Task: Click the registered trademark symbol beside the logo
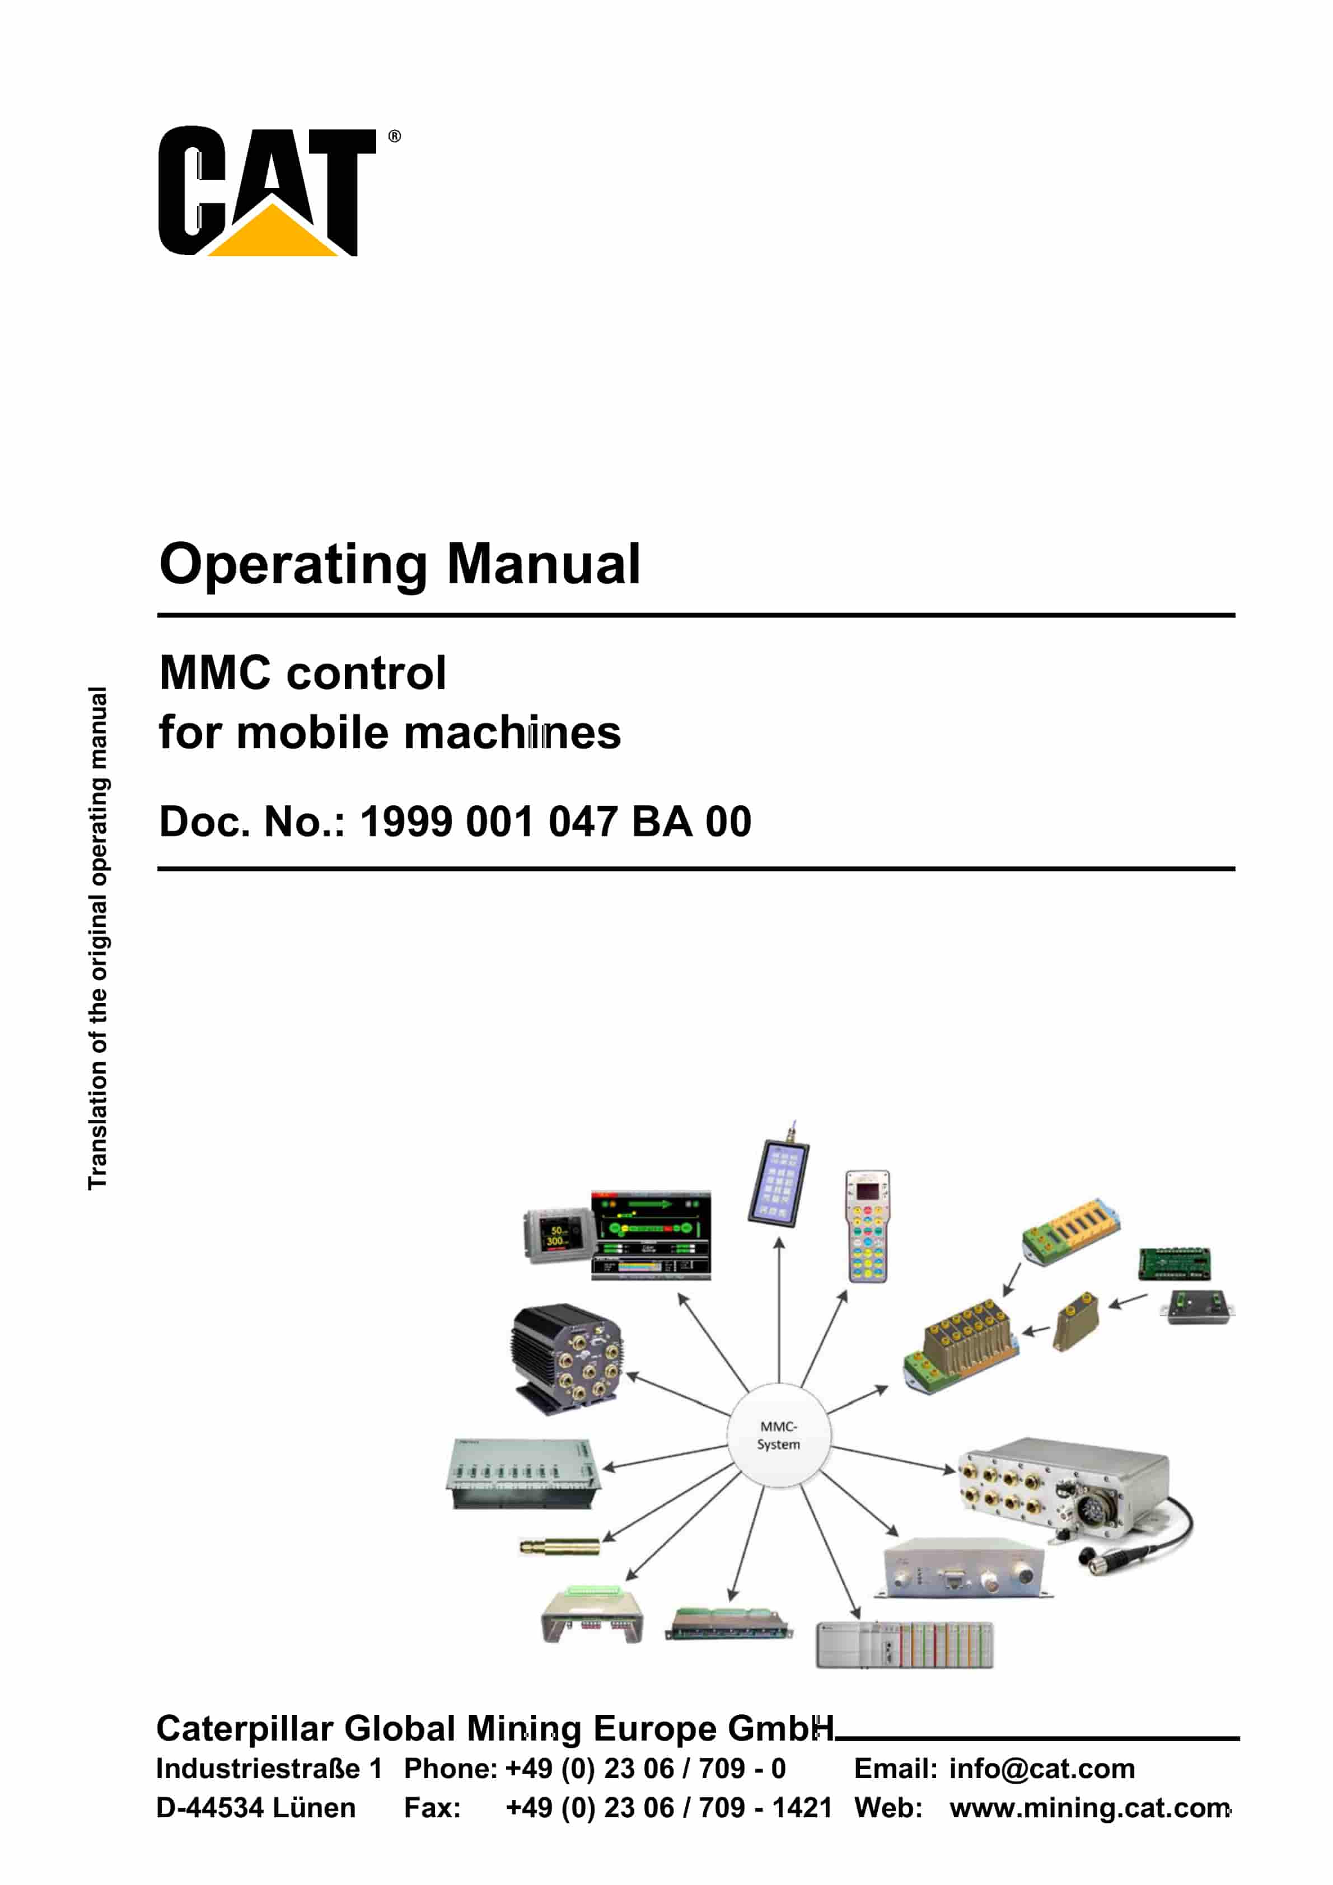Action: coord(394,137)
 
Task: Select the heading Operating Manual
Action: coord(399,564)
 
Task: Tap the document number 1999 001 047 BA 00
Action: coord(555,822)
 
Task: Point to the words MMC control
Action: coord(302,673)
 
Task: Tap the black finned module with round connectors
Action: coord(566,1358)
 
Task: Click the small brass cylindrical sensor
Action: coord(559,1547)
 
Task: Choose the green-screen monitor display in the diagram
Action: coord(651,1235)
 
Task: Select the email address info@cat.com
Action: coord(1041,1769)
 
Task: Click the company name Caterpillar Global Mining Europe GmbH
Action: coord(494,1728)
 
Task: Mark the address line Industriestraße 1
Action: coord(269,1769)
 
